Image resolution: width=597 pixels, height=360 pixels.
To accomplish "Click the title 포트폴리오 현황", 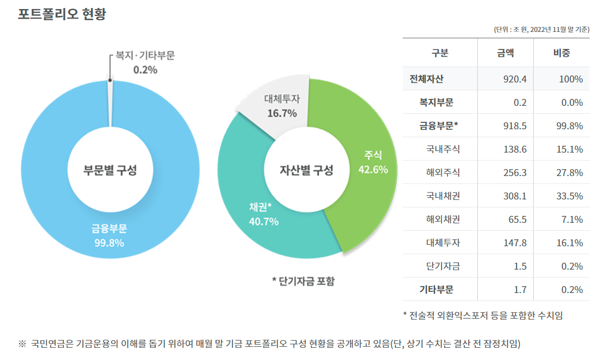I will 62,14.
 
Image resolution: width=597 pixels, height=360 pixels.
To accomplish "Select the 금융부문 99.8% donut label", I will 109,236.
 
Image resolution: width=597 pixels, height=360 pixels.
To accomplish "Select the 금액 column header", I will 505,53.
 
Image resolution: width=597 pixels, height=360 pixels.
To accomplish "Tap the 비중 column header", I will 561,53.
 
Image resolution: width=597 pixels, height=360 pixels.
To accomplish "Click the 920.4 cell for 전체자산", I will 515,79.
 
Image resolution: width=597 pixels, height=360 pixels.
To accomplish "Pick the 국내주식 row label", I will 443,149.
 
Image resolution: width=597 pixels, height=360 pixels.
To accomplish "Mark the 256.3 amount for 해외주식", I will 515,173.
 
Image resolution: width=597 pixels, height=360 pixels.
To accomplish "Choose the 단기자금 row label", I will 443,266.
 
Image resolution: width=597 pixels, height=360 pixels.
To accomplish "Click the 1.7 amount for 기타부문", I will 520,290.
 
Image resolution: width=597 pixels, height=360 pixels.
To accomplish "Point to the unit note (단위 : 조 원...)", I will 542,30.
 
